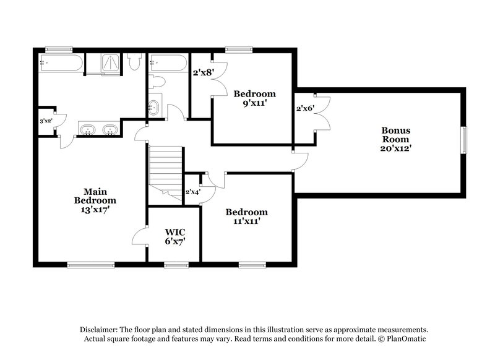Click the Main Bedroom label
point(95,200)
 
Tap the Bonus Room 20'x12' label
point(396,139)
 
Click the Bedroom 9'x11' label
point(254,98)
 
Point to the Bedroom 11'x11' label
point(246,216)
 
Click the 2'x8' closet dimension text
point(202,72)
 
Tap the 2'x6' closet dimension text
point(304,108)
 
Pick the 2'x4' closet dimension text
point(193,192)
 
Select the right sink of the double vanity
point(110,130)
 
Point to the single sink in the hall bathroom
point(154,108)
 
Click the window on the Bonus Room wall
point(463,140)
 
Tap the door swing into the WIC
point(140,235)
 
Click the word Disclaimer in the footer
point(100,330)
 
